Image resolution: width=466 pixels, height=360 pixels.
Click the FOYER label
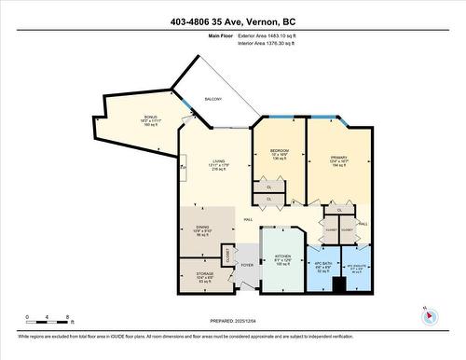click(x=247, y=265)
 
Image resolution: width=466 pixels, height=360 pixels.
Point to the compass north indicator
click(x=430, y=315)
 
